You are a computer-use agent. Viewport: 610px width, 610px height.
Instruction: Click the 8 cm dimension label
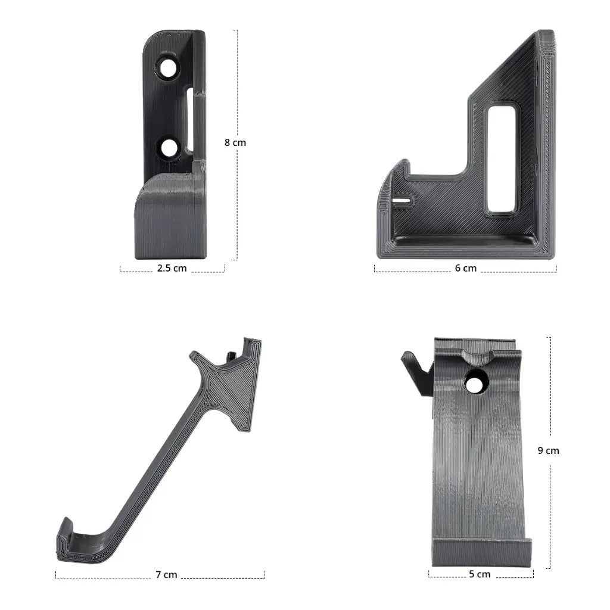tap(235, 143)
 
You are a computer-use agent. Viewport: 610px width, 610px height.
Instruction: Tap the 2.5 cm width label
tap(172, 268)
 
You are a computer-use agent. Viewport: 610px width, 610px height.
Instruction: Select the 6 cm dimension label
tap(466, 268)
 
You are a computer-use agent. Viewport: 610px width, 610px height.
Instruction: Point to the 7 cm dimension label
tap(166, 575)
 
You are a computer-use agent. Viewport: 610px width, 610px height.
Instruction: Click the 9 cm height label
tap(548, 450)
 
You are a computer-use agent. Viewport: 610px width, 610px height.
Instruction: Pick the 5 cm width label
tap(480, 574)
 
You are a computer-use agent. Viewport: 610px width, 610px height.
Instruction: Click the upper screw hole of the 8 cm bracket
tap(169, 68)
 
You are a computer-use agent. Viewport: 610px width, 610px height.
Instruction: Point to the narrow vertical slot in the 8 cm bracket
tap(190, 120)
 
